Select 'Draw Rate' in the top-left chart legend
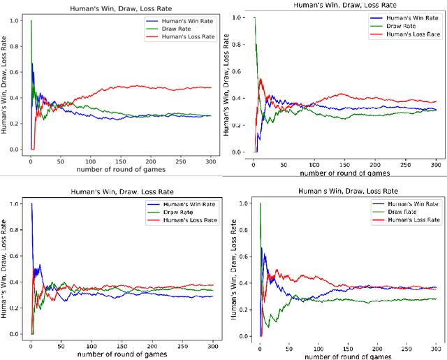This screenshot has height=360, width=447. (165, 31)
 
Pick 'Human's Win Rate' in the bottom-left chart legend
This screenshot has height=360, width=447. (176, 205)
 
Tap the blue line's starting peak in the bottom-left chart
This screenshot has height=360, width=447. (31, 204)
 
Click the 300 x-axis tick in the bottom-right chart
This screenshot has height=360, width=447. (434, 347)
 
